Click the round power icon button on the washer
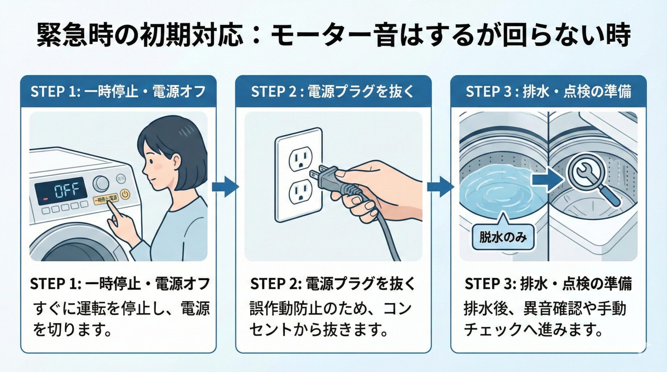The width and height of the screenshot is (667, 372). point(125,194)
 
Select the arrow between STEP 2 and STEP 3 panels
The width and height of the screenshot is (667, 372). point(441,187)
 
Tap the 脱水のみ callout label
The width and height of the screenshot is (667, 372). point(503,238)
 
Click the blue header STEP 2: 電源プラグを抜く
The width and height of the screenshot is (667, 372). point(333,92)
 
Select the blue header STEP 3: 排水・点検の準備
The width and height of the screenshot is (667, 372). point(548,92)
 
